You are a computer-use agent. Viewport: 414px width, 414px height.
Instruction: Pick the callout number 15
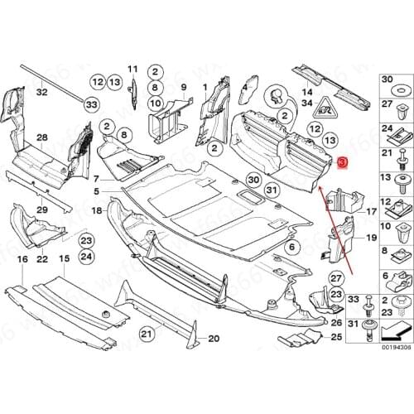click(x=63, y=236)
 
